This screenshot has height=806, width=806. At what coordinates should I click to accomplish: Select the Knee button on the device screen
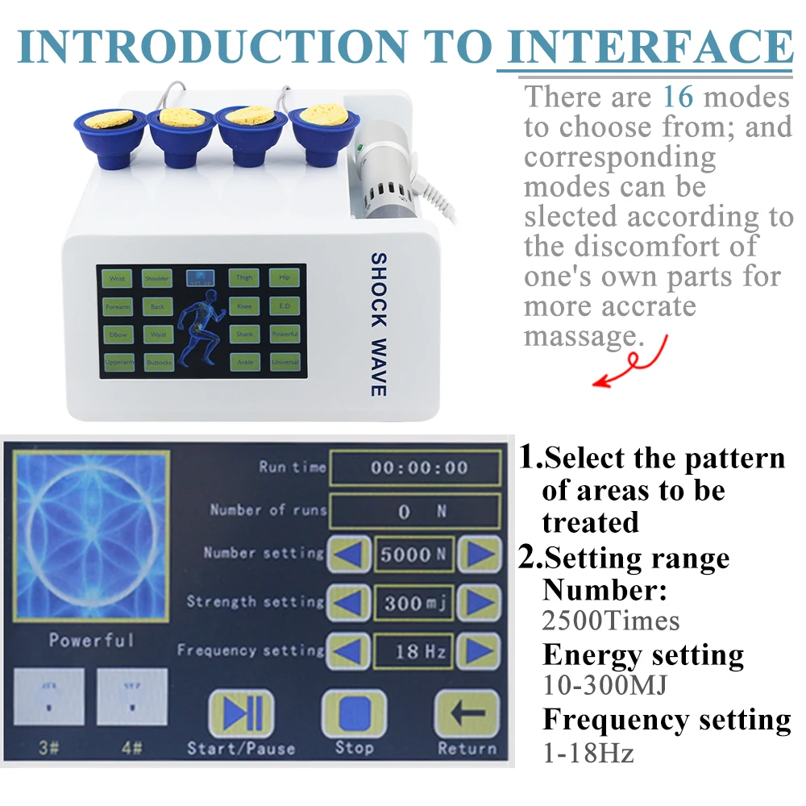(x=243, y=306)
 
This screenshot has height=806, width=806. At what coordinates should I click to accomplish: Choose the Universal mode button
(x=285, y=363)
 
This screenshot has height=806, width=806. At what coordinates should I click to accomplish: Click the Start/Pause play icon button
(x=241, y=713)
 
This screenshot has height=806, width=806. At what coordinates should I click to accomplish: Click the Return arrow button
(x=467, y=713)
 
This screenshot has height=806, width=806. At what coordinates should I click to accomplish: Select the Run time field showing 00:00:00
(x=415, y=467)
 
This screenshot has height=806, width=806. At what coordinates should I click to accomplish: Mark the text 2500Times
(x=611, y=621)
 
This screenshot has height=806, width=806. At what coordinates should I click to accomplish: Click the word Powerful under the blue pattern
(x=91, y=641)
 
